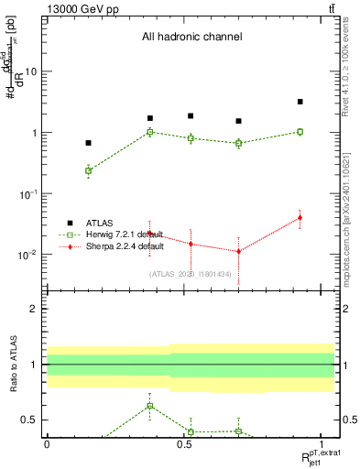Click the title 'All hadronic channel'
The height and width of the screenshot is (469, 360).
(x=191, y=38)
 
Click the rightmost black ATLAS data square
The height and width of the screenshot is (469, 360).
(x=300, y=102)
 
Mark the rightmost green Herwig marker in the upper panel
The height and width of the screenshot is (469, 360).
(x=300, y=132)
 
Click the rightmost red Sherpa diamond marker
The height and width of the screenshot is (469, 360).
(x=300, y=217)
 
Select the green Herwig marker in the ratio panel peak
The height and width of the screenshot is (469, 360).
(x=150, y=406)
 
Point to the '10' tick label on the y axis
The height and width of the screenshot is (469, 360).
(x=30, y=71)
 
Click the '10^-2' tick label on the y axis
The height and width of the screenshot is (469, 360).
(x=27, y=255)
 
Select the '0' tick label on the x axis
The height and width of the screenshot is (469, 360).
(x=47, y=443)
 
